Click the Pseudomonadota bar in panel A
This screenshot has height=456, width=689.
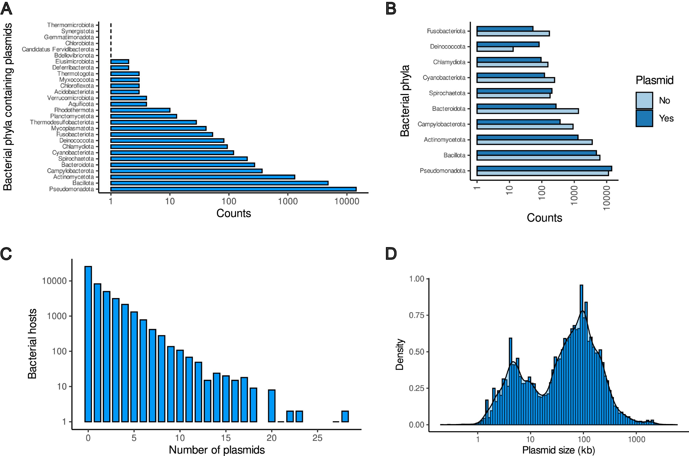coord(233,189)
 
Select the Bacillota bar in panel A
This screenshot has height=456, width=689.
coord(219,183)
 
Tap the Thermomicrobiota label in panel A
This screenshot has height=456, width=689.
coord(70,25)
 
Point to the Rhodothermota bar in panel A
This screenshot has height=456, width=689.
coord(140,110)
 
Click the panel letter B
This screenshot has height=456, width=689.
coord(391,9)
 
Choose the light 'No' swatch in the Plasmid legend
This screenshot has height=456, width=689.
coord(644,100)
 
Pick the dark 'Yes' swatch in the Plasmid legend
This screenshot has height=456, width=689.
coord(644,118)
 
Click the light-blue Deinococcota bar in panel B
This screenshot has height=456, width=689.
coord(495,49)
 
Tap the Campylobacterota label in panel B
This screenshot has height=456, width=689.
coord(441,124)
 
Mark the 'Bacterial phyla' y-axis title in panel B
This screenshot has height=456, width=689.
coord(405,101)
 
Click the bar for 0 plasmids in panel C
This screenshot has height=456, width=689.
coord(88,344)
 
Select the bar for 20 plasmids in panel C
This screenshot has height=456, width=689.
coord(272,406)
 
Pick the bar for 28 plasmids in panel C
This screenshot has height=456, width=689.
coord(345,416)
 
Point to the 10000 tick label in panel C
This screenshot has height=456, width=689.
coord(54,281)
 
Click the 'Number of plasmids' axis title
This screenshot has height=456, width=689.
coord(217,450)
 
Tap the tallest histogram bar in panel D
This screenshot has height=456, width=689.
coord(582,354)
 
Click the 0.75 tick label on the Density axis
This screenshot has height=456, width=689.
coord(417,316)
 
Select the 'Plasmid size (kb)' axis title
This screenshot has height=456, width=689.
coord(558,450)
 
